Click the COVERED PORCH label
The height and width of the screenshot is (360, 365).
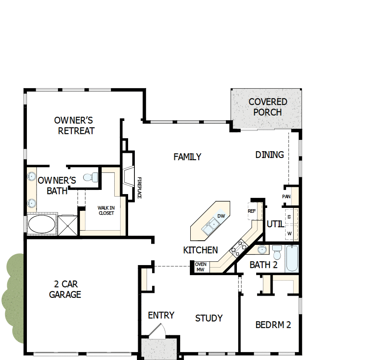[268, 107]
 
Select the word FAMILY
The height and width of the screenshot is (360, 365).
[187, 157]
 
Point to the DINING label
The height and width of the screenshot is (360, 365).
[270, 155]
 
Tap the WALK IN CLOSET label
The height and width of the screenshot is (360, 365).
[106, 210]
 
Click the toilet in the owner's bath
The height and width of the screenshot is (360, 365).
[90, 177]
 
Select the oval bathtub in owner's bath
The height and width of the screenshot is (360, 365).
[41, 223]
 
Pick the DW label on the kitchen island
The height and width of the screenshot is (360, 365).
[221, 216]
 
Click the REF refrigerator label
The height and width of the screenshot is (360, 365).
[252, 211]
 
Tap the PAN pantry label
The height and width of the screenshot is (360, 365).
[286, 197]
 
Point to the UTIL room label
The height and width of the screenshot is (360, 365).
[276, 224]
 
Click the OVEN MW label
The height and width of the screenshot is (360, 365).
[200, 267]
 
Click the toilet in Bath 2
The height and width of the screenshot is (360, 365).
[277, 253]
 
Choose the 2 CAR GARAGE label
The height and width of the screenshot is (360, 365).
[65, 289]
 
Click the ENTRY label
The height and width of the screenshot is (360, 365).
[161, 315]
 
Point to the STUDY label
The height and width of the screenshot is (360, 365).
[209, 318]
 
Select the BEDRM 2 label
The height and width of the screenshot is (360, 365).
[273, 325]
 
